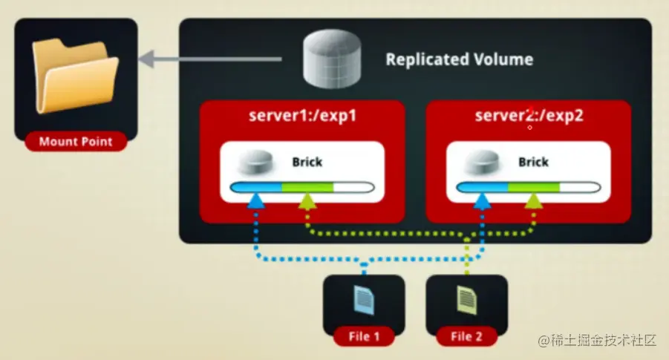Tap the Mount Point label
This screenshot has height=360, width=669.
click(x=76, y=141)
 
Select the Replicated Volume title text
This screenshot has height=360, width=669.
click(x=459, y=59)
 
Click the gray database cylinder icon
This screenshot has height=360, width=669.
click(x=330, y=60)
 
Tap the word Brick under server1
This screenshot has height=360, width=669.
click(x=307, y=161)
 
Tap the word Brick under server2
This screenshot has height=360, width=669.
click(x=532, y=161)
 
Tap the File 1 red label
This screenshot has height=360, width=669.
click(x=364, y=336)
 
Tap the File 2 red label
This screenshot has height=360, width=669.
click(x=467, y=336)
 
